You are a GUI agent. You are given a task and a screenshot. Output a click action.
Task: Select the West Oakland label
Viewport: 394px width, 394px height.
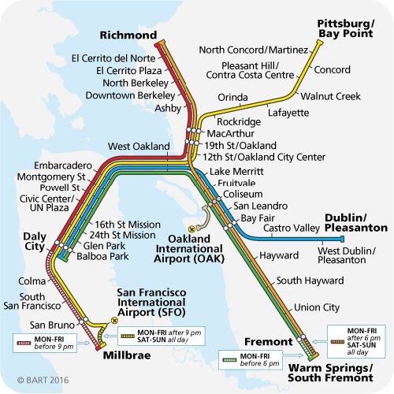pyautogui.click(x=139, y=147)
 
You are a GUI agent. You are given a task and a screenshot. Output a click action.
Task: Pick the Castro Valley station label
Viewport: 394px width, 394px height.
pyautogui.click(x=291, y=228)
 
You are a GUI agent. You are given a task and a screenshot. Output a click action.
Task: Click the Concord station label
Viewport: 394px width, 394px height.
pyautogui.click(x=332, y=70)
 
